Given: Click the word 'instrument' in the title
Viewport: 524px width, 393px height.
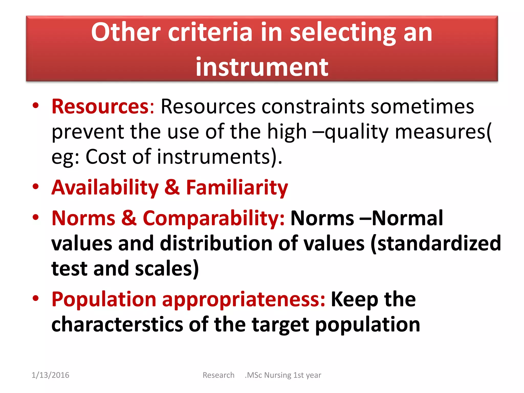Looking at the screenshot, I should coord(262,67).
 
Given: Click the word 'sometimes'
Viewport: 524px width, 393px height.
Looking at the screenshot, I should coord(422,106).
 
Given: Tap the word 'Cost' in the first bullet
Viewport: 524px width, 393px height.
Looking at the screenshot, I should coord(106,157).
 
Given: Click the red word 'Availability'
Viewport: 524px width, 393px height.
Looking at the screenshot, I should coord(105,188).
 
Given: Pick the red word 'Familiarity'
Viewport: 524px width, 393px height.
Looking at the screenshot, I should coord(237,188).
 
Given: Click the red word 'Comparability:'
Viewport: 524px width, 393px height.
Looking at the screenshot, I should coord(213,218).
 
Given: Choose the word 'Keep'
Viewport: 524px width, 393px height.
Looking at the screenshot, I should coord(354,299).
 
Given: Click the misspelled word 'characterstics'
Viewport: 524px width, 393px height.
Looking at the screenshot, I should coord(117,324).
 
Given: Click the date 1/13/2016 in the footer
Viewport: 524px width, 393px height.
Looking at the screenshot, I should coord(50,375).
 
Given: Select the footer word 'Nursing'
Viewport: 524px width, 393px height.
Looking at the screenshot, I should coord(278,375).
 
